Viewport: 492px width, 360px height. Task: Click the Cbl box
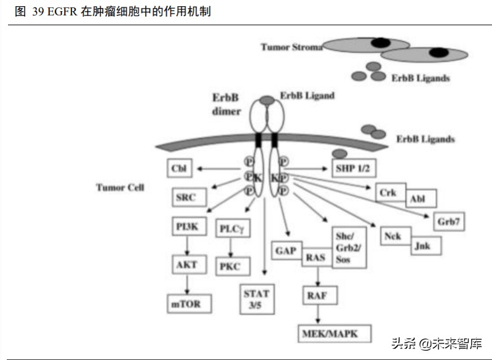click(180, 168)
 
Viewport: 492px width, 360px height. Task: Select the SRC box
click(186, 198)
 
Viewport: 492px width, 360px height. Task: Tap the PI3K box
click(187, 226)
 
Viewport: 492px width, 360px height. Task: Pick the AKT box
click(187, 265)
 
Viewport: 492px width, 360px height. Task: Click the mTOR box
click(187, 303)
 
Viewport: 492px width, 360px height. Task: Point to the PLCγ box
click(231, 230)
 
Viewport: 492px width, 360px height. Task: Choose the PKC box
click(231, 266)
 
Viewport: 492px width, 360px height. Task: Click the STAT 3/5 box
click(256, 298)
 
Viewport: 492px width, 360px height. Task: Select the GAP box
click(286, 251)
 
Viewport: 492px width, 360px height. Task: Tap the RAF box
click(319, 295)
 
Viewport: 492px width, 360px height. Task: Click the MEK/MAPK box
click(335, 333)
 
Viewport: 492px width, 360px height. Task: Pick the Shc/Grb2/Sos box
click(349, 246)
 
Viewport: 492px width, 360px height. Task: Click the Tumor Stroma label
click(291, 47)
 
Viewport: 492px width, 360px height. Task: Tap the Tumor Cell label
click(120, 187)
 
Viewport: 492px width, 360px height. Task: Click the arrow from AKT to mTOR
click(187, 284)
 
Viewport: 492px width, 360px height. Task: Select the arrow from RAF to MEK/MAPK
click(319, 314)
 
